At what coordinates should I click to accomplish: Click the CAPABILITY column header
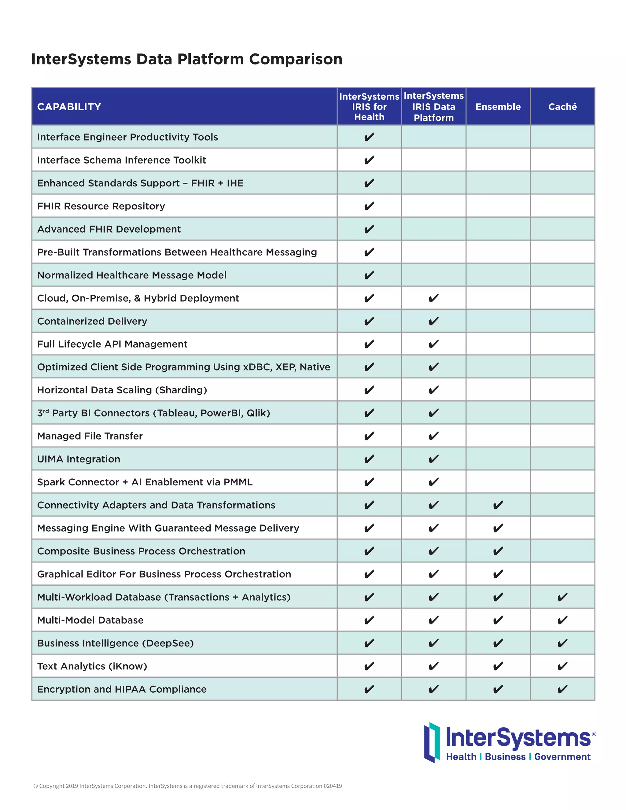(69, 107)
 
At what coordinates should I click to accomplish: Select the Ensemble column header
(498, 107)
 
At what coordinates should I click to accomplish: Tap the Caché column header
(562, 107)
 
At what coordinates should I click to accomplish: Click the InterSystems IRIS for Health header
(369, 107)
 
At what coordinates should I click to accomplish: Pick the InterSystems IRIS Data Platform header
(433, 107)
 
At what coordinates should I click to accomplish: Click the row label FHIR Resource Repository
(101, 206)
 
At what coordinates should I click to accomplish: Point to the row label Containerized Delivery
(92, 321)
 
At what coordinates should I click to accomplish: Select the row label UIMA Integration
(79, 459)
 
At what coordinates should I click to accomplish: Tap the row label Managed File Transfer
(90, 436)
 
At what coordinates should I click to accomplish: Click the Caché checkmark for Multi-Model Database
(562, 620)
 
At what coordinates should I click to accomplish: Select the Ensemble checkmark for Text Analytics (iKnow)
(498, 666)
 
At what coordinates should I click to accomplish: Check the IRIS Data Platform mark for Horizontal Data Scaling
(433, 390)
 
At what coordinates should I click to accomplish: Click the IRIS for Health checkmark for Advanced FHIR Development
(369, 229)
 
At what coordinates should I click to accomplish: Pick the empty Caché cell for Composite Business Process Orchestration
(562, 551)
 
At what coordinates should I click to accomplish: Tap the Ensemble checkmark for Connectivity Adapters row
(498, 505)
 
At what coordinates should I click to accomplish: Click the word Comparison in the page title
(296, 59)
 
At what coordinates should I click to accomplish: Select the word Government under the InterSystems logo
(562, 757)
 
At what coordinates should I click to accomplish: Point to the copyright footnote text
(188, 786)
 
